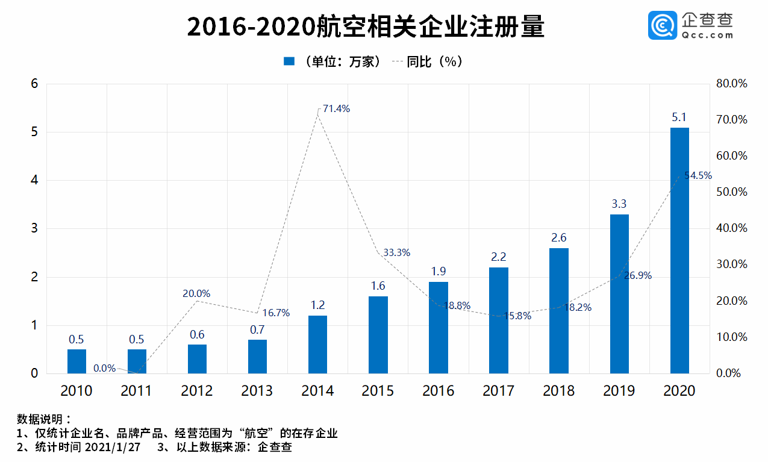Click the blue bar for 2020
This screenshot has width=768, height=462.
point(679,251)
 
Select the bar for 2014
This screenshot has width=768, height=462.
point(317,345)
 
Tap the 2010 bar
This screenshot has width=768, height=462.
point(76,361)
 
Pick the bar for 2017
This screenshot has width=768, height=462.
point(499,320)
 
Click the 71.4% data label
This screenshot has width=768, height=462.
point(336,108)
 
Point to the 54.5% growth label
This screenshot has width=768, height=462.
point(698,175)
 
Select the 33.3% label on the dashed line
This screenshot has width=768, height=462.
point(397,252)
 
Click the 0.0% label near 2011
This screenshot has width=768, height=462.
point(105,368)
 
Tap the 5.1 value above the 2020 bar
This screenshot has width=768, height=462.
point(679,117)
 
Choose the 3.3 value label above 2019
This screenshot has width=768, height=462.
point(619,204)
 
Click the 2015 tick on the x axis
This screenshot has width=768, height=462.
point(378,391)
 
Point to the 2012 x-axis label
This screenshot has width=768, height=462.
point(197,391)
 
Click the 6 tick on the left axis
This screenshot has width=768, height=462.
point(34,84)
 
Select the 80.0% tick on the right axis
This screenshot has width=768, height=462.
point(732,83)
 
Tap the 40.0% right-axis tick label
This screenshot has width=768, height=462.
point(732,228)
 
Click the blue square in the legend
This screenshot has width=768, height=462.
point(289,61)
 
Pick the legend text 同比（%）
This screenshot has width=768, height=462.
point(435,61)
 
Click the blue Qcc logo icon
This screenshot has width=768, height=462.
point(663,25)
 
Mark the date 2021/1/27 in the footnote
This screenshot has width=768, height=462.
point(113,447)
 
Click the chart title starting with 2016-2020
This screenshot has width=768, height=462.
point(366,27)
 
